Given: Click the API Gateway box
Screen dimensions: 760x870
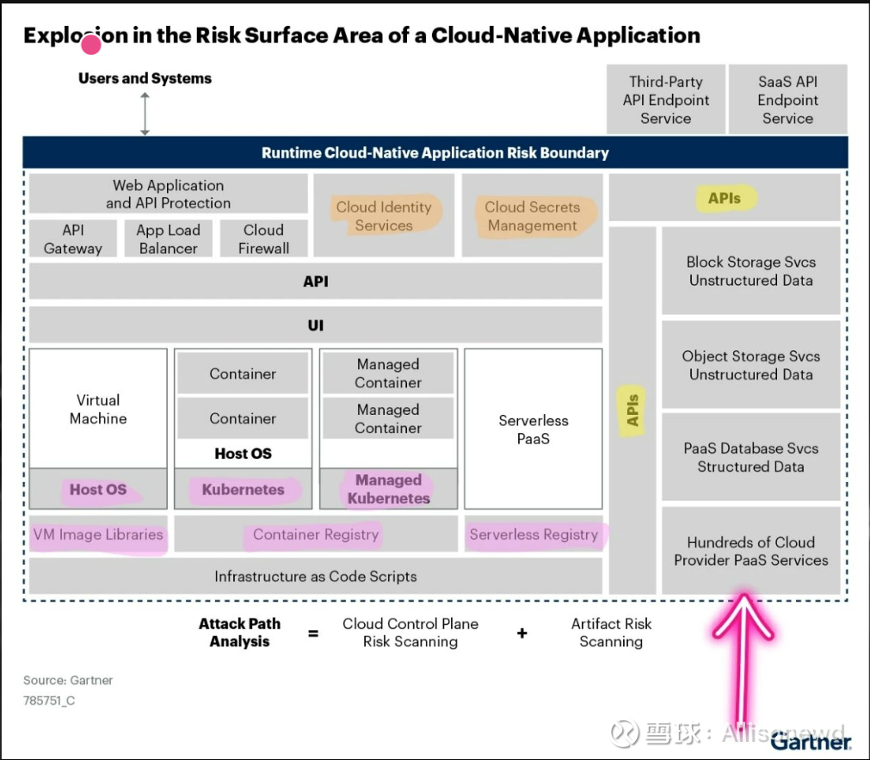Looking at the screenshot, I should point(72,239).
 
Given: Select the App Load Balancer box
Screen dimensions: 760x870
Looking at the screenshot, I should point(168,239).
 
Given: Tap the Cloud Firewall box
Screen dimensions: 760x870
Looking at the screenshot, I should point(263,239).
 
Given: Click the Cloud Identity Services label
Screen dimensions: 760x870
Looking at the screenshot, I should point(384,216).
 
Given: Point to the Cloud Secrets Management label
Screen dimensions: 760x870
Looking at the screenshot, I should point(532,216).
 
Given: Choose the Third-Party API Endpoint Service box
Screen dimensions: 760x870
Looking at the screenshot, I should point(665,100).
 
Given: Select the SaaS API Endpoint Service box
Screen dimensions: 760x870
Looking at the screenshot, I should point(787,100).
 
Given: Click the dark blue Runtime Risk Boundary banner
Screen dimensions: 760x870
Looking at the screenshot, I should point(435,153).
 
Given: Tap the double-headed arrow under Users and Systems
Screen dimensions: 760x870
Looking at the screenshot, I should point(145,114).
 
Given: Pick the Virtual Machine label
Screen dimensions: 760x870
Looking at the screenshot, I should point(98,410).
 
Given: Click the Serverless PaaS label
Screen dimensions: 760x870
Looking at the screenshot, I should point(534,429).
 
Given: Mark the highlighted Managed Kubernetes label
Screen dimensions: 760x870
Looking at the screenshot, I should point(388,489).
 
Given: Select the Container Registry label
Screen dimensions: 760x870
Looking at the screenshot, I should point(316,534).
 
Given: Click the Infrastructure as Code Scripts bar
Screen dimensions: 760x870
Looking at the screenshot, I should point(316,577).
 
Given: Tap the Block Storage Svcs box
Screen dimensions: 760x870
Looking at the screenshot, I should point(750,271).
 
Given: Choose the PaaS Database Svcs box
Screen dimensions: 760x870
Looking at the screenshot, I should point(750,457).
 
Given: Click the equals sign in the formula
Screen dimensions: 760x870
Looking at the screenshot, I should point(313,633).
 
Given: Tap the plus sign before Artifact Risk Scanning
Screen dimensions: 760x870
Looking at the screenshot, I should point(521,633).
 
